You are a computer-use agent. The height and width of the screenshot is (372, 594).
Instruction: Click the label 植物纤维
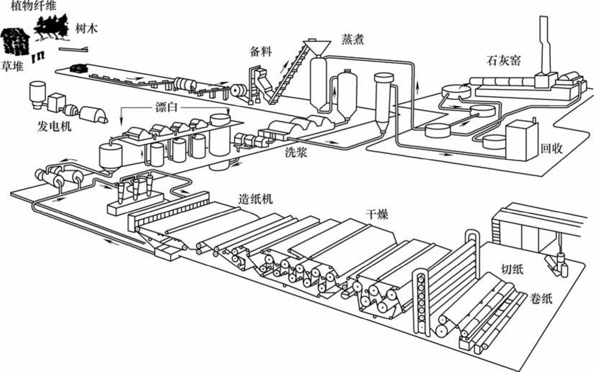(33, 6)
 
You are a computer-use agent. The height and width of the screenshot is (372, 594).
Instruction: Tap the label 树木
(87, 28)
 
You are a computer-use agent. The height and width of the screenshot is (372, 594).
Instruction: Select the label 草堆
(13, 66)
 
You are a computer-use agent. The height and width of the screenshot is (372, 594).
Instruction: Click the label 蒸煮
(353, 39)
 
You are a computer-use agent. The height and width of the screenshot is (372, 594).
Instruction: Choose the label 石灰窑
(504, 60)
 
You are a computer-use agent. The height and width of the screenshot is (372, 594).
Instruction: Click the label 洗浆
(296, 153)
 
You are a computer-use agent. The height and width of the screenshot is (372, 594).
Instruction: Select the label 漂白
(166, 107)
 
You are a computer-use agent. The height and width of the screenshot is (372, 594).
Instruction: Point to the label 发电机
(54, 126)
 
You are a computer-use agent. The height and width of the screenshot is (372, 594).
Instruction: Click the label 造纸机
(256, 199)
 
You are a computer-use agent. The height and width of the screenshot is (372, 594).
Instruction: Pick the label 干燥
(377, 215)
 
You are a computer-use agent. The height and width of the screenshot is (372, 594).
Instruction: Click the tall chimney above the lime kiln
(543, 43)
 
